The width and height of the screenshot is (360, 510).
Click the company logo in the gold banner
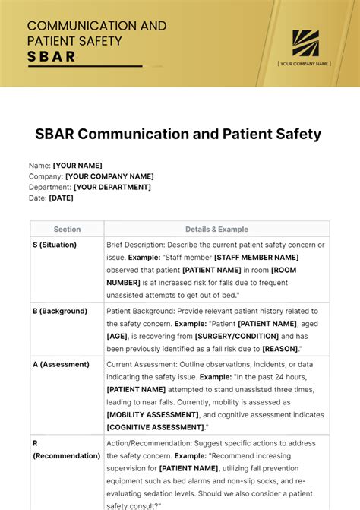305,43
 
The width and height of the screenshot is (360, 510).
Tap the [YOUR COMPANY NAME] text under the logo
305,64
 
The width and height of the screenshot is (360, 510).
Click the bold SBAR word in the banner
52,56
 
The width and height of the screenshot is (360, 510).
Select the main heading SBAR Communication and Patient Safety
178,135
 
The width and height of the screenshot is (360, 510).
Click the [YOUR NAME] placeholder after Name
77,166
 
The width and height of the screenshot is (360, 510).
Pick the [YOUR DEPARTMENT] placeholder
112,187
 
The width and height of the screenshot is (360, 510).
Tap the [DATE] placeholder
62,198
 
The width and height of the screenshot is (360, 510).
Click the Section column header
67,229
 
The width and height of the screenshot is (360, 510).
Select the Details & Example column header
216,229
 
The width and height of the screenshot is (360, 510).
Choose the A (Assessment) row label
61,364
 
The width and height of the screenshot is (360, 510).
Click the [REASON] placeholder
280,348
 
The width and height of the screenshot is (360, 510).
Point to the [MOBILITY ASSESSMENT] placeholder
153,415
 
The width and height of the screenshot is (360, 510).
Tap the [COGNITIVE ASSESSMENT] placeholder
154,427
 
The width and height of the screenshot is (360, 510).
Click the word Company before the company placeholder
46,176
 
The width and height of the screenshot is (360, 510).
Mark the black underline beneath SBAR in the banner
84,67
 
